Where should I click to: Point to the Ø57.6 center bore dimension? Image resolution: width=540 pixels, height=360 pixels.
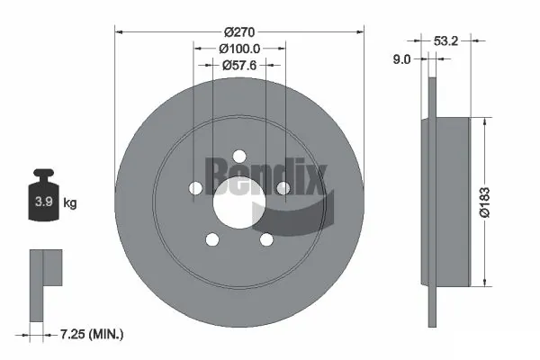pos(240,64)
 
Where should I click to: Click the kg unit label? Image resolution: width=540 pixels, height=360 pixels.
pos(71,202)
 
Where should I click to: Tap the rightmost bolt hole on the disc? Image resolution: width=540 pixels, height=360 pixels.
pos(283,187)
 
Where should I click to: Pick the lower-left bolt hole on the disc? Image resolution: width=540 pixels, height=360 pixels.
pos(213,239)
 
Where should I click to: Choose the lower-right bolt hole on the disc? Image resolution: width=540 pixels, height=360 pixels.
pos(266,239)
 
